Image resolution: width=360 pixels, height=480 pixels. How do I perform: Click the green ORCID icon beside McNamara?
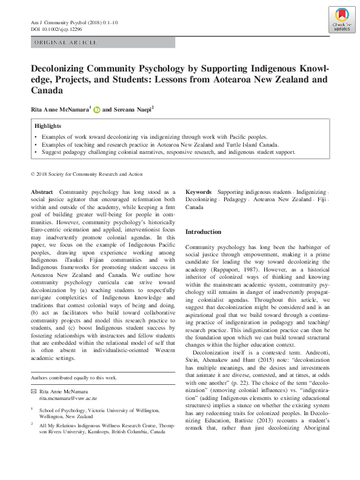tap(96, 110)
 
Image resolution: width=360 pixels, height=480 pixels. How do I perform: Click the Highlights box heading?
tap(48, 125)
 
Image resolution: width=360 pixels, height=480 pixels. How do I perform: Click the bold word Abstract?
tap(42, 191)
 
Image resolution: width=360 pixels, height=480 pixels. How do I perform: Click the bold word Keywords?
tap(198, 191)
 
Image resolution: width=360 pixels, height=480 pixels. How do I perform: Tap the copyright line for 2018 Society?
tap(86, 174)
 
